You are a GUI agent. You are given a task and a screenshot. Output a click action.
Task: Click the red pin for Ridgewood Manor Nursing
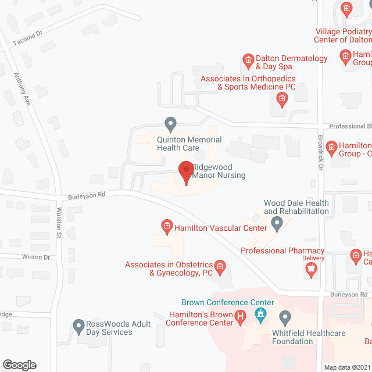pos(185,172)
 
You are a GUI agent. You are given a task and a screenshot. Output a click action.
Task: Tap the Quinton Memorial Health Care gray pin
pos(170,124)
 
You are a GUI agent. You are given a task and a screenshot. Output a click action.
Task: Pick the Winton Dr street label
pos(36,257)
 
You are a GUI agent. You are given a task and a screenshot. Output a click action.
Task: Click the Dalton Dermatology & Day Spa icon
pos(248,59)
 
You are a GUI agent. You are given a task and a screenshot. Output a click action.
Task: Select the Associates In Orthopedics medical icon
pos(281,99)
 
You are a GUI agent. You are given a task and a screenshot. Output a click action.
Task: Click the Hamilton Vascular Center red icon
pos(166,226)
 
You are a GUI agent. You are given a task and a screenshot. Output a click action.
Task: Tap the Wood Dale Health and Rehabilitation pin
pos(277,223)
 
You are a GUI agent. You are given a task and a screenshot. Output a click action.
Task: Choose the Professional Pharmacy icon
pos(310,269)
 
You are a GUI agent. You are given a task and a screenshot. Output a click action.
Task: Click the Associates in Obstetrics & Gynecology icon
pos(220,267)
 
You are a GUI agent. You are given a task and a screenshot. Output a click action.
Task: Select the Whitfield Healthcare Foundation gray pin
pos(285,318)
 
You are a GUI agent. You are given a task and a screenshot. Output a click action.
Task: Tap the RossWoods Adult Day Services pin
pos(79,326)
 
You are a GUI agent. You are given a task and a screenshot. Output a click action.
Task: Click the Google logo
pos(19,365)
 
